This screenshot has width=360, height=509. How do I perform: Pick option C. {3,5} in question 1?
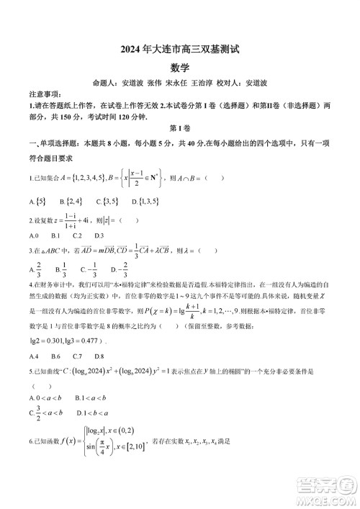point(109,202)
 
